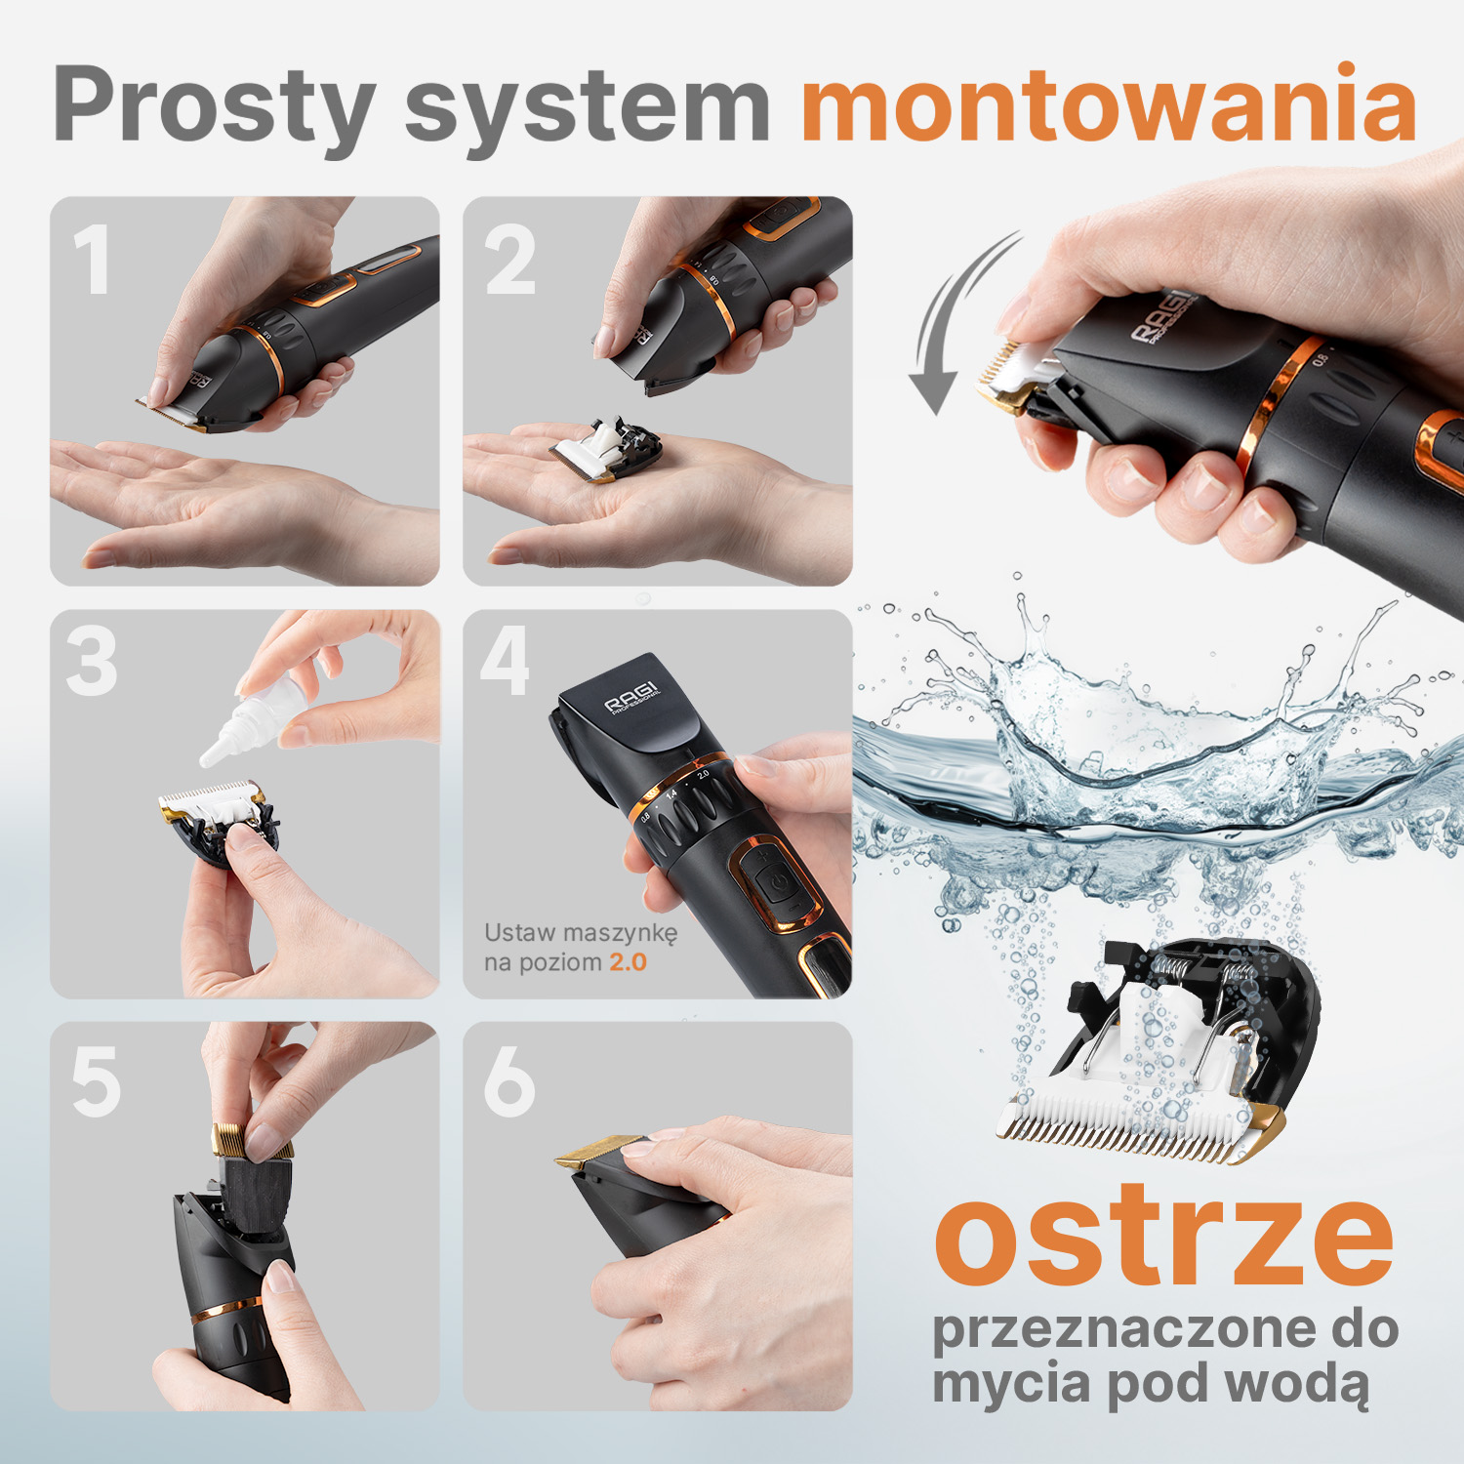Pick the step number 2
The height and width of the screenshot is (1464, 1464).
click(510, 259)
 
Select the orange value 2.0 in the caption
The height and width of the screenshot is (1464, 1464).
click(628, 962)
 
